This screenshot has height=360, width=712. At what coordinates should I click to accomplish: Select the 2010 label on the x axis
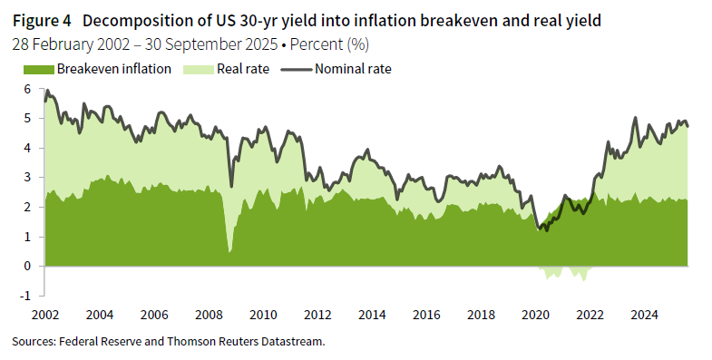pos(263,315)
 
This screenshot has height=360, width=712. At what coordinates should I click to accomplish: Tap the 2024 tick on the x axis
pos(645,315)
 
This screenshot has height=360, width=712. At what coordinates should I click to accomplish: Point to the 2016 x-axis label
pos(426,315)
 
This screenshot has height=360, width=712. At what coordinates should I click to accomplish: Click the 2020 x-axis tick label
pos(536,315)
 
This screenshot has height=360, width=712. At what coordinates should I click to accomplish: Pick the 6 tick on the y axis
pos(27,89)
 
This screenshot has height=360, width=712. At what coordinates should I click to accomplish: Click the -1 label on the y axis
pos(25,296)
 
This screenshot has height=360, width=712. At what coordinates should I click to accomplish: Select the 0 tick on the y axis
pos(27,266)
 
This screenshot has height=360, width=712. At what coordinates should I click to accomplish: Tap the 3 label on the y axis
pos(27,178)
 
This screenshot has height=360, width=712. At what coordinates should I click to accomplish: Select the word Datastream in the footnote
pos(290,341)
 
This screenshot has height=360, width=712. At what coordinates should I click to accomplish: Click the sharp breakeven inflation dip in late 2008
pos(229,250)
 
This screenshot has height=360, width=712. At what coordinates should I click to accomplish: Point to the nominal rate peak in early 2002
pos(46,90)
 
